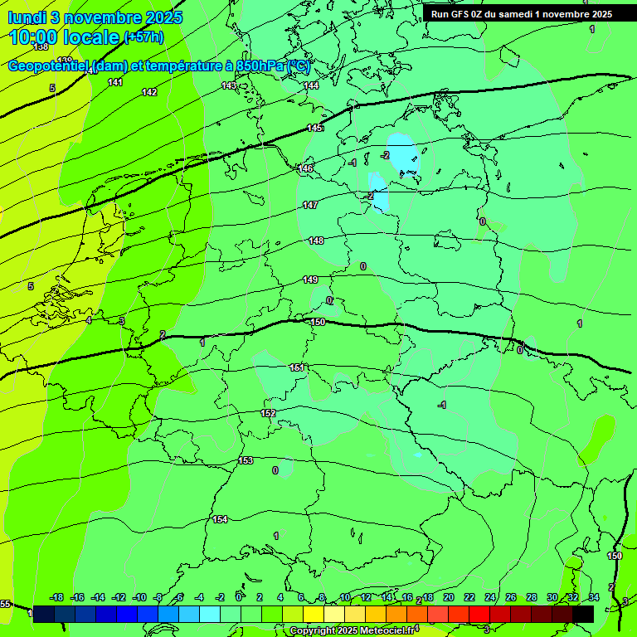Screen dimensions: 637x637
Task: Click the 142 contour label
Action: (149, 92)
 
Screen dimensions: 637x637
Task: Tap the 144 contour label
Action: (311, 85)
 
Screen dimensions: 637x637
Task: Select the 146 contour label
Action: (306, 168)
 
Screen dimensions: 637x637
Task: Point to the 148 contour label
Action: (316, 241)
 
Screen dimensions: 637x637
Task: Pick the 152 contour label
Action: (268, 413)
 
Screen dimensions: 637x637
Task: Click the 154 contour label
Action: (220, 519)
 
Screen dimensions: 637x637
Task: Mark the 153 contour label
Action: (246, 460)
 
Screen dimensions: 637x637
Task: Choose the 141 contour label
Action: (115, 82)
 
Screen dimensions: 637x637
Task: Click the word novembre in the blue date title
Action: (103, 17)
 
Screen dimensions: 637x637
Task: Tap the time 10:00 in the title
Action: (36, 37)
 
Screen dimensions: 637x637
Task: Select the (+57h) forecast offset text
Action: (143, 37)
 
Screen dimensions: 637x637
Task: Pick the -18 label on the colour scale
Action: (57, 597)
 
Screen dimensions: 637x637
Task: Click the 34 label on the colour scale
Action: (594, 597)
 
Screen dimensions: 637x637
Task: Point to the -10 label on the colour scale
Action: (139, 597)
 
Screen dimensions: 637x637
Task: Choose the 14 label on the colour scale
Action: (387, 597)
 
